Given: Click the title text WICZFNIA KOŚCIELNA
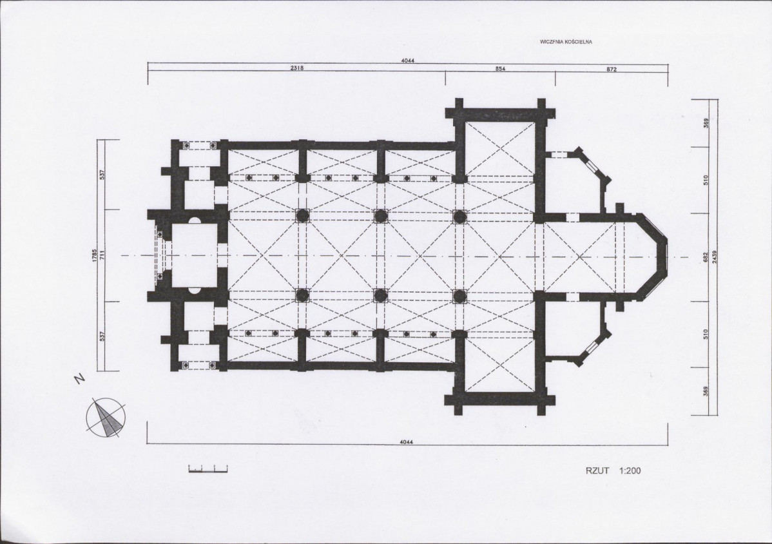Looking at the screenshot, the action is click(x=566, y=42).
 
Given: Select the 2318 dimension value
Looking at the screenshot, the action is click(x=297, y=68).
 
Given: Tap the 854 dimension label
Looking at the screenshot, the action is click(x=500, y=69).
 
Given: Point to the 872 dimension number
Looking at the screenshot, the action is click(x=612, y=70).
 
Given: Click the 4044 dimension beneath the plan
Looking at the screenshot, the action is click(x=407, y=442).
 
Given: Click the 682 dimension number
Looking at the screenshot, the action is click(x=706, y=257).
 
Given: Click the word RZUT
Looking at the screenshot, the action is click(x=597, y=471).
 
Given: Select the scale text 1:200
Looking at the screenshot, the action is click(x=630, y=471).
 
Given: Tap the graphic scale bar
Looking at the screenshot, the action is click(x=207, y=469).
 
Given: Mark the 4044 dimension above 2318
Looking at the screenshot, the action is click(x=408, y=61).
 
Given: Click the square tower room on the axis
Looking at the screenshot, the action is click(x=195, y=256).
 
